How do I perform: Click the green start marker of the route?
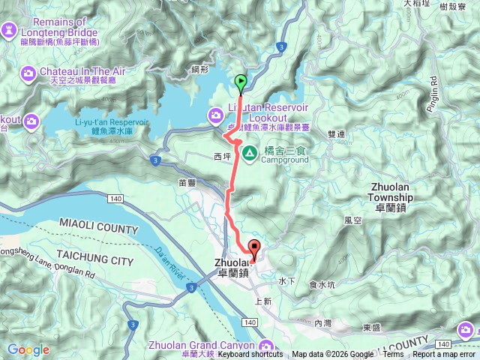pos(241,82)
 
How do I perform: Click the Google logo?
pos(28,349)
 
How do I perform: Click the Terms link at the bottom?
pos(391,355)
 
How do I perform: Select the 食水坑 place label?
pos(323,285)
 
